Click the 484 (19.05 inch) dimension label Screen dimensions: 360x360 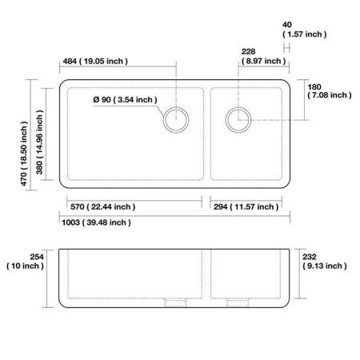[x=94, y=62]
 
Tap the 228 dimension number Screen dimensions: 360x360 [x=248, y=52]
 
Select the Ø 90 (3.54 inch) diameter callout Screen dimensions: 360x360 [x=125, y=99]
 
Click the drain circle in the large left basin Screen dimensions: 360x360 [x=176, y=121]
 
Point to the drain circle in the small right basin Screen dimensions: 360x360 [x=238, y=121]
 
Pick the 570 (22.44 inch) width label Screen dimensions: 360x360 [x=100, y=206]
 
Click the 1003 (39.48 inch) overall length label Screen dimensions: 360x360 [x=95, y=222]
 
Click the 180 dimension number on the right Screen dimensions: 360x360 [x=314, y=86]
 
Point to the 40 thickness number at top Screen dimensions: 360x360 [x=288, y=26]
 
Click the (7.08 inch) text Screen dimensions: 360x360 [x=328, y=95]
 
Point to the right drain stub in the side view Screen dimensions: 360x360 [x=237, y=302]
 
